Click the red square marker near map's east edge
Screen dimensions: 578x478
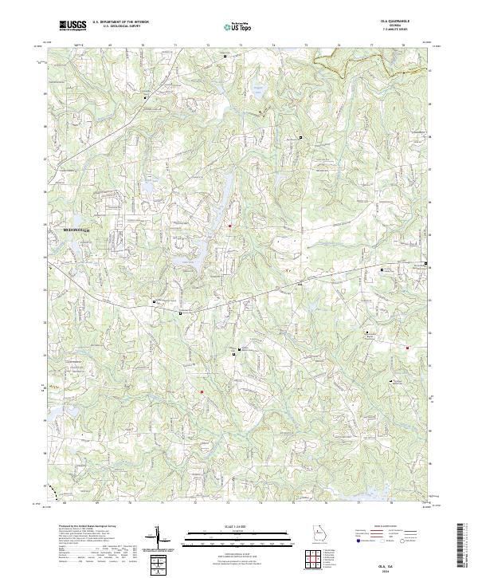407,348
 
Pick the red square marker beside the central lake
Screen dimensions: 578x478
230,226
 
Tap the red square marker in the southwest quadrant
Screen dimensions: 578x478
202,391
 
